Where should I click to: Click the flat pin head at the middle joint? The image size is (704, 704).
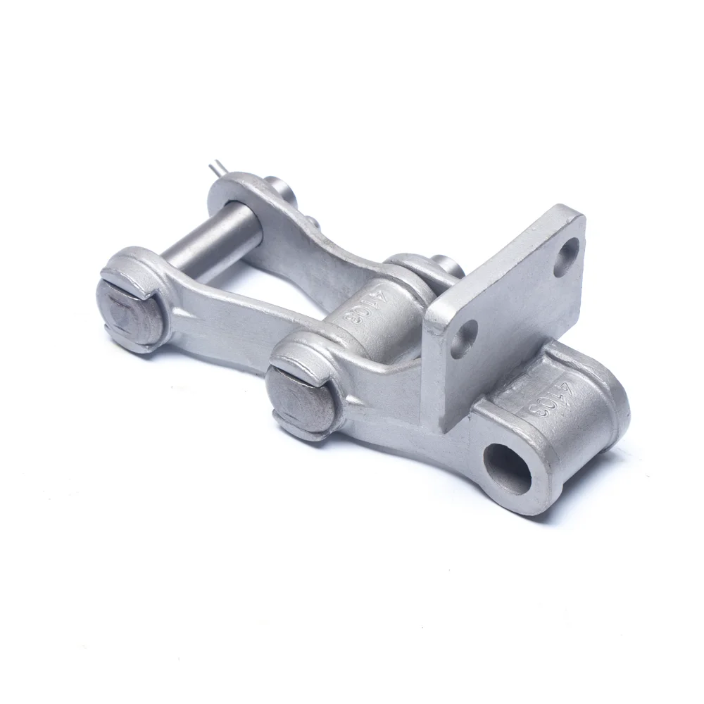pyautogui.click(x=301, y=399)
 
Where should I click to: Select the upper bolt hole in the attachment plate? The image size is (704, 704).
pyautogui.click(x=567, y=258)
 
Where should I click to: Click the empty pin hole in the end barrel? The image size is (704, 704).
pyautogui.click(x=507, y=467)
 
